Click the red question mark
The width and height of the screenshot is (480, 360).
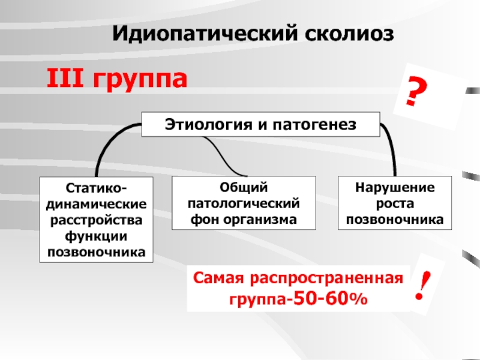point(415,93)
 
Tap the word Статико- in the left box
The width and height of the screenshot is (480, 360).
point(95,190)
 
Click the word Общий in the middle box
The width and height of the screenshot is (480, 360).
point(244,189)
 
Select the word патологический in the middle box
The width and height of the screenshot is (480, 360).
point(244,205)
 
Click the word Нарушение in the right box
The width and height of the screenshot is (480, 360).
point(394,189)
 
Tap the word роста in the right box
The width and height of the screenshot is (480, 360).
point(394,205)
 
